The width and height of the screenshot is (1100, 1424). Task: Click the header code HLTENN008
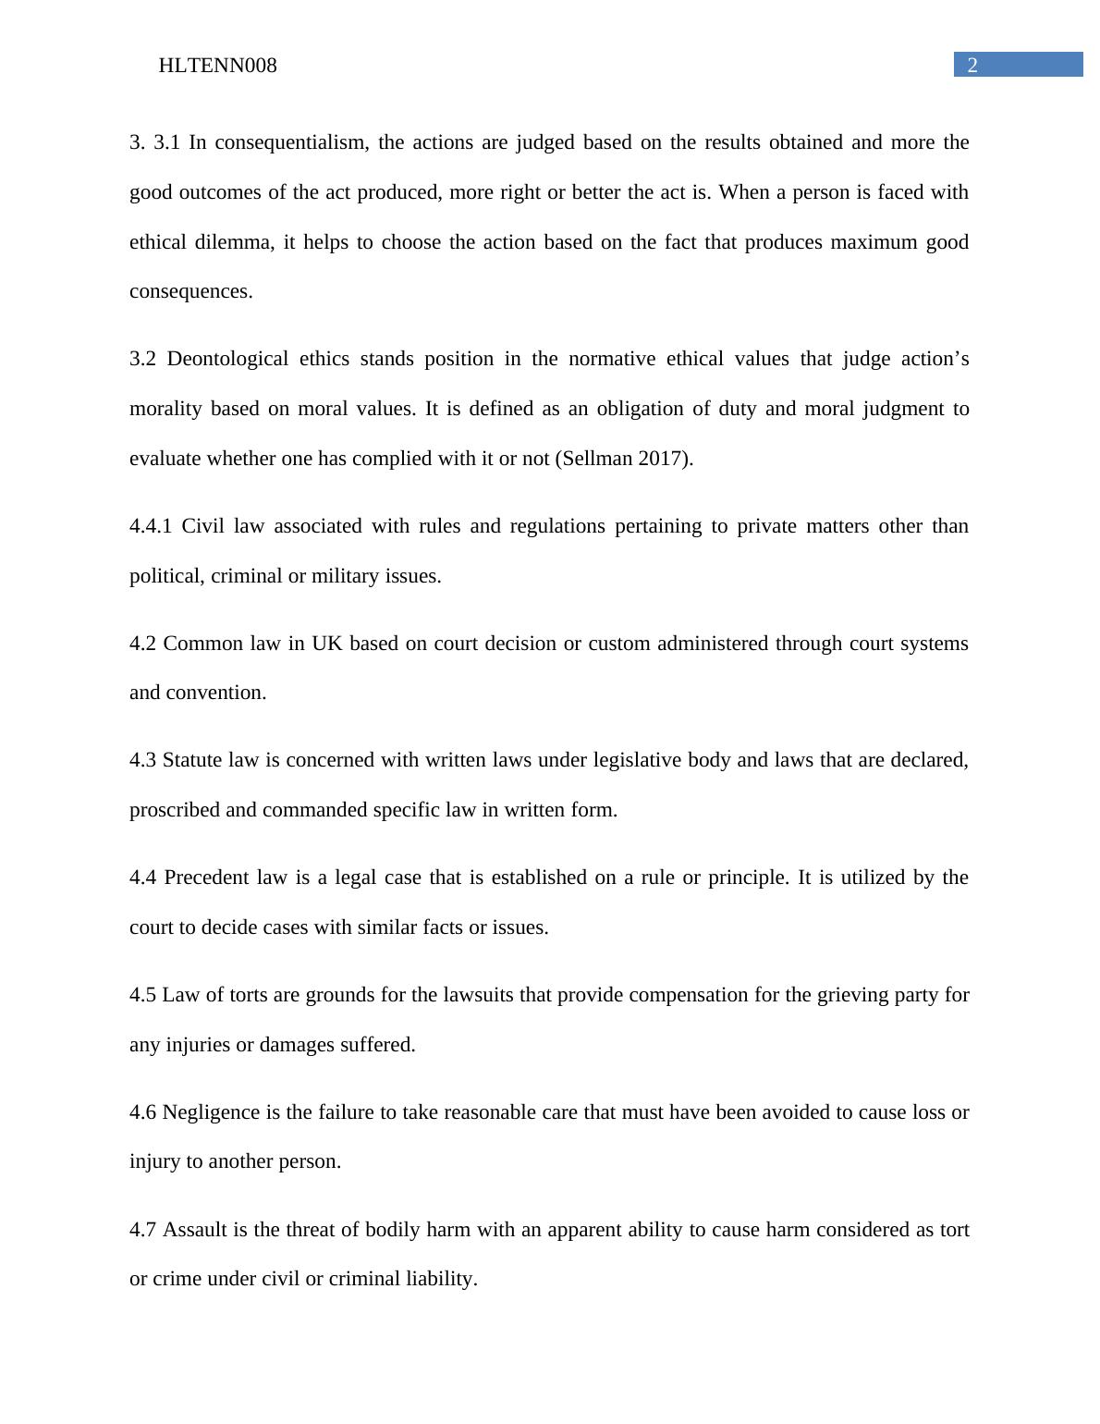[217, 66]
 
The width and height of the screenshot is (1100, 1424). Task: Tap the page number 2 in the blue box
[972, 65]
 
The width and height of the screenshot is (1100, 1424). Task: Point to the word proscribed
[175, 810]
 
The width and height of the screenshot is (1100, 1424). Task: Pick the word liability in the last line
[440, 1279]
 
